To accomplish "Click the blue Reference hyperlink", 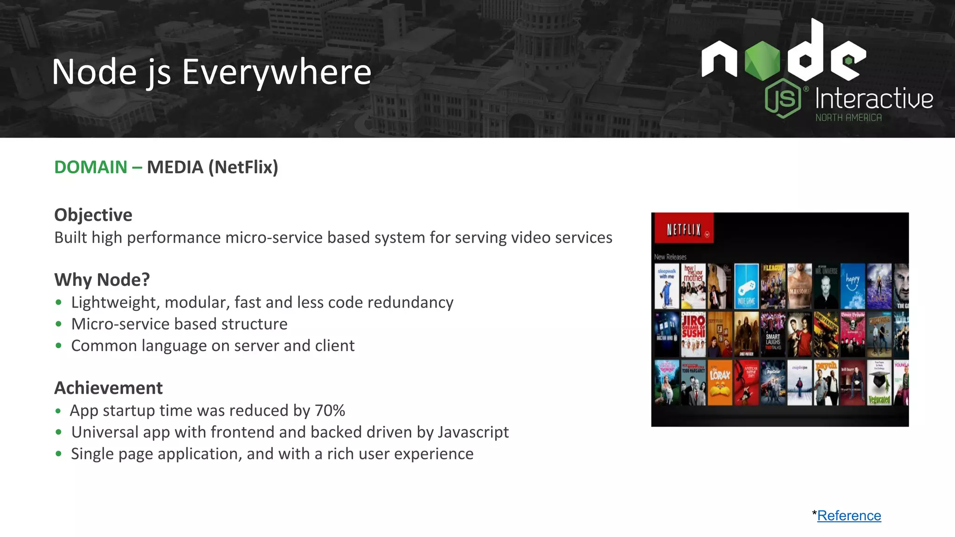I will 849,516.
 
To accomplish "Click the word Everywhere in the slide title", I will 276,72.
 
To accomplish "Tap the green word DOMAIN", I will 91,167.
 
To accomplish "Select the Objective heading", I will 93,215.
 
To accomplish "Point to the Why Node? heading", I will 102,280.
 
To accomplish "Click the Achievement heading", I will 109,388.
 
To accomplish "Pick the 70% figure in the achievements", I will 330,411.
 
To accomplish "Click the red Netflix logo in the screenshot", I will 684,229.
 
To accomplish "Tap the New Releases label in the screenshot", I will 670,257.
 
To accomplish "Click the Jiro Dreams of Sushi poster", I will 693,334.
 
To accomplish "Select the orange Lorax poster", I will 720,382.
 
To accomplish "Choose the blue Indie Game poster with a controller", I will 746,286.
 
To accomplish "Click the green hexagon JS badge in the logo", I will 783,98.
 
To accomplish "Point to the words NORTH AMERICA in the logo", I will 848,118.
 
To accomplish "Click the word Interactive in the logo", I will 874,99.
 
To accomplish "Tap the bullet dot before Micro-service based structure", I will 58,324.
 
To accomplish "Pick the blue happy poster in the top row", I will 852,286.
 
